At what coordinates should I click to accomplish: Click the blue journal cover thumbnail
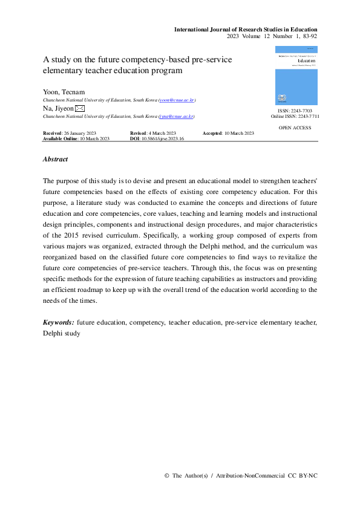(296, 75)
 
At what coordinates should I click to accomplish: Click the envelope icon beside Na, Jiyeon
(79, 108)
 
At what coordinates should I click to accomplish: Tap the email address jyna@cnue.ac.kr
(177, 116)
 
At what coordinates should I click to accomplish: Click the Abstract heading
(55, 160)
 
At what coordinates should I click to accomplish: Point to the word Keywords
(59, 323)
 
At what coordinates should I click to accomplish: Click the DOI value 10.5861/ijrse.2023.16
(162, 138)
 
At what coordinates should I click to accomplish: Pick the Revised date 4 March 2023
(162, 133)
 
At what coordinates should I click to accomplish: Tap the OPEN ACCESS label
(295, 128)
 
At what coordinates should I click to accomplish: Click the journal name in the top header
(246, 29)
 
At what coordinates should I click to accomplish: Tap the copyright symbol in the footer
(167, 476)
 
